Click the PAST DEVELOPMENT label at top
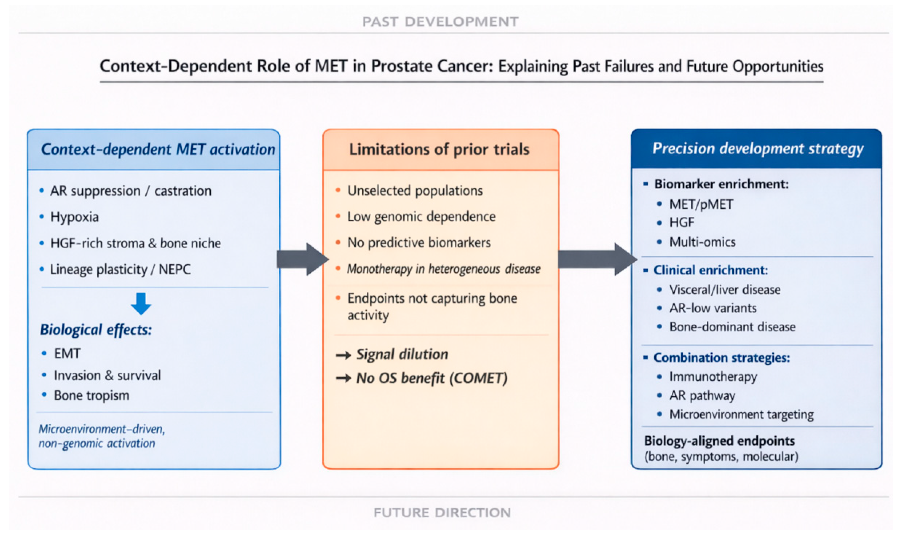click(x=440, y=22)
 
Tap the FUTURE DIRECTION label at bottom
click(x=442, y=512)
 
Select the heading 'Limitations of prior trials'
click(x=439, y=149)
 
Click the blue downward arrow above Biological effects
click(x=141, y=303)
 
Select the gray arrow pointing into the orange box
click(x=303, y=259)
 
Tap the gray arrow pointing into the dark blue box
click(x=597, y=259)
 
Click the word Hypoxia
click(x=74, y=217)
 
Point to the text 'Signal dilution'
click(x=402, y=354)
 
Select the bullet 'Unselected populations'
click(x=415, y=191)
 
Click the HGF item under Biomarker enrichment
click(x=681, y=222)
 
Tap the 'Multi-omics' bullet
click(x=702, y=242)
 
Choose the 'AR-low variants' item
click(x=713, y=308)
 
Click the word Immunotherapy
click(x=713, y=377)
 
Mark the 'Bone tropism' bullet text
click(x=92, y=396)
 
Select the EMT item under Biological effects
click(x=67, y=353)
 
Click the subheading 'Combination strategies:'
click(x=721, y=358)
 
